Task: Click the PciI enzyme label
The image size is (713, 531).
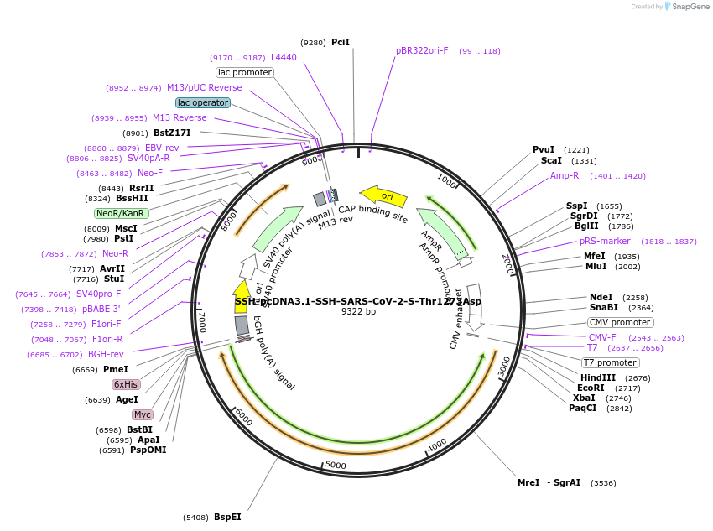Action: [341, 42]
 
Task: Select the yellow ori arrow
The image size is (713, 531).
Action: [384, 196]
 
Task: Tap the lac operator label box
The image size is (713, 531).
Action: [203, 102]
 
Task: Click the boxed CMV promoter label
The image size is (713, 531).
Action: [621, 322]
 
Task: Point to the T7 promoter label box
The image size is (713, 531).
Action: [611, 363]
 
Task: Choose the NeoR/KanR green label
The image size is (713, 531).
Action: [122, 213]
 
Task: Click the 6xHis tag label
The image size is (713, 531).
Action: [127, 384]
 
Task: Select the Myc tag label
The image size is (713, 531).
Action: [143, 414]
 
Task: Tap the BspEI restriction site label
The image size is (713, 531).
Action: [227, 517]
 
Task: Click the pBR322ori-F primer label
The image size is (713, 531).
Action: [422, 50]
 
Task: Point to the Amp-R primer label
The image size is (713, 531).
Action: [565, 176]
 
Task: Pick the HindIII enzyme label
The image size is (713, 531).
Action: [597, 377]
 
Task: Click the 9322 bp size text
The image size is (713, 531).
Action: [358, 311]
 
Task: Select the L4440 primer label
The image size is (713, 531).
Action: [284, 57]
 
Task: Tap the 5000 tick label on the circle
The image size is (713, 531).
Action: [336, 465]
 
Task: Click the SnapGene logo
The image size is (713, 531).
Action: [686, 7]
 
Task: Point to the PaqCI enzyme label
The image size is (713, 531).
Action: [583, 408]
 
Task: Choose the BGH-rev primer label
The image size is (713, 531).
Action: [106, 354]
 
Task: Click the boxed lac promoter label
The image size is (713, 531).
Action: [245, 72]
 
